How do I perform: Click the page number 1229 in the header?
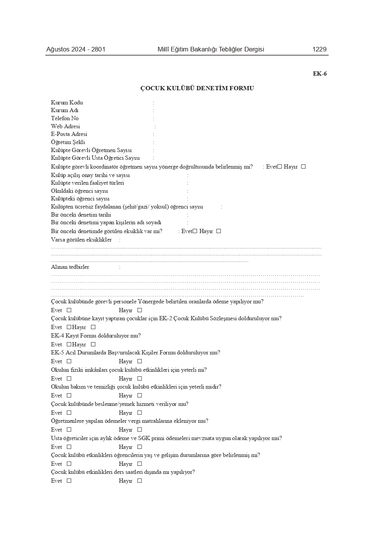(319, 49)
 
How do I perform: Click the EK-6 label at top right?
(320, 74)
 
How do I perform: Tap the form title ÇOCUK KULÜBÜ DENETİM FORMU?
(197, 88)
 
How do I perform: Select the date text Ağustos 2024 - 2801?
(76, 49)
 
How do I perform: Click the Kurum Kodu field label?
(67, 103)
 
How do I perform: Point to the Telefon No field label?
(64, 118)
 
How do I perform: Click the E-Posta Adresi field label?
(69, 134)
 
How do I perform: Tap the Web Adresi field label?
(65, 126)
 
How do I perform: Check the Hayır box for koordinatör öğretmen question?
(303, 167)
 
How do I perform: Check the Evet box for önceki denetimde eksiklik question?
(195, 231)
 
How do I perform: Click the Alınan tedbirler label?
(70, 267)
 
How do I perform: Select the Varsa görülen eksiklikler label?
(81, 240)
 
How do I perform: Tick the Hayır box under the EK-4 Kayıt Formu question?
(93, 344)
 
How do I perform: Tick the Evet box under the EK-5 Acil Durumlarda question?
(69, 361)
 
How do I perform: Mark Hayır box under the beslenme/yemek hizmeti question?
(140, 413)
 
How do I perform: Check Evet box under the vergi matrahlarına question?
(69, 430)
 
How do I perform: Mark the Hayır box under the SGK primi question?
(140, 447)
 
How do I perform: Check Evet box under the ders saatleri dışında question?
(69, 481)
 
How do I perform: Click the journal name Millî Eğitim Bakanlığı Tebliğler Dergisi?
(211, 49)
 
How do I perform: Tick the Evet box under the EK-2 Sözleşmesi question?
(69, 327)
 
